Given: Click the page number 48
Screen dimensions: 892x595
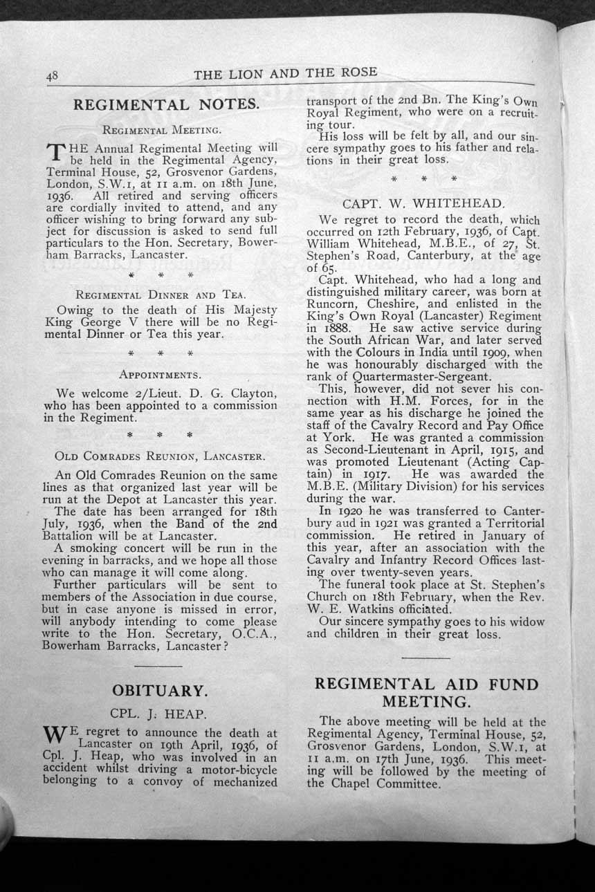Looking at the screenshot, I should pyautogui.click(x=52, y=77).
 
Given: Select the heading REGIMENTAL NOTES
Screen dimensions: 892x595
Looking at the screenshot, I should pyautogui.click(x=166, y=105).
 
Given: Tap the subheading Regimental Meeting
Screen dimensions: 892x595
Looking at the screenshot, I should pyautogui.click(x=162, y=129).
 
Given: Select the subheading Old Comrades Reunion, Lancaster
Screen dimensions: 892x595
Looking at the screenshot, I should pyautogui.click(x=159, y=457).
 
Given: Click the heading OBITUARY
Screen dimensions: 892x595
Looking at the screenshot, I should pyautogui.click(x=159, y=690).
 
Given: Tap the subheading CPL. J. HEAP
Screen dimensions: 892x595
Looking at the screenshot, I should pyautogui.click(x=159, y=712).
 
